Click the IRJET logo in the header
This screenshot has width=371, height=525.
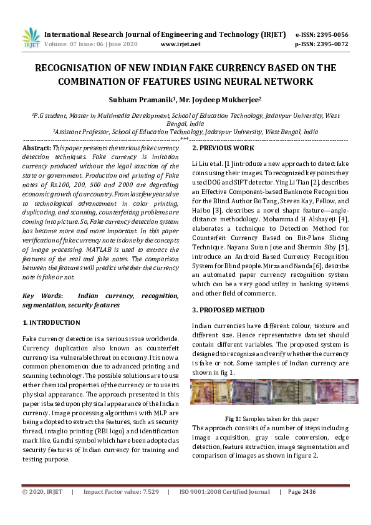coord(31,38)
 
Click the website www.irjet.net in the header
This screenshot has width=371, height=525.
coord(180,45)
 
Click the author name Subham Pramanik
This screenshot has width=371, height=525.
coord(140,99)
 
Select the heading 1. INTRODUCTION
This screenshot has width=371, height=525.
coord(51,322)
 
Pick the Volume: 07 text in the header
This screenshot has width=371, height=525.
coord(66,45)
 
